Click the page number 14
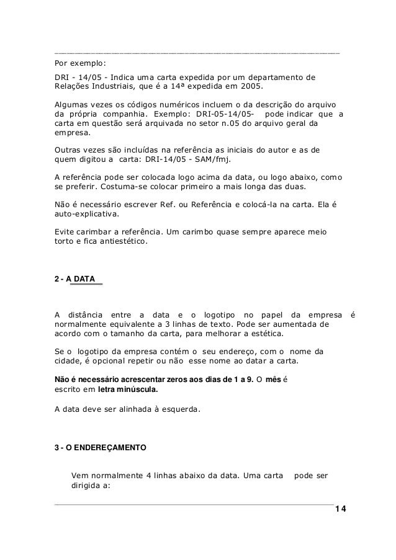[340, 509]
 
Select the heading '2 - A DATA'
[75, 280]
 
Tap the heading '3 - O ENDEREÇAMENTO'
[101, 446]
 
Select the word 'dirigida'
[88, 486]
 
